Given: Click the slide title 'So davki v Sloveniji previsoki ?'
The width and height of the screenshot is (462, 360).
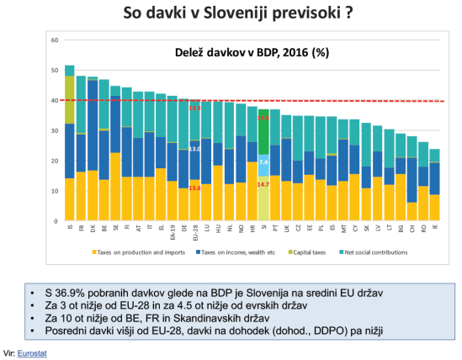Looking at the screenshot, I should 226,14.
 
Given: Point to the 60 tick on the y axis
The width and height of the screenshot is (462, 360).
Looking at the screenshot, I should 55,40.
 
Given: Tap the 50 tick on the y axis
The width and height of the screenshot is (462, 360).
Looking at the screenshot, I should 55,71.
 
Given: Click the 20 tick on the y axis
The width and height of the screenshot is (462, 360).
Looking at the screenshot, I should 55,161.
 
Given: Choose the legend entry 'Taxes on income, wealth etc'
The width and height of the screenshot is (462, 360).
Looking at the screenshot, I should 231,252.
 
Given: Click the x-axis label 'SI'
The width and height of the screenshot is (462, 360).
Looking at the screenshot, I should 264,227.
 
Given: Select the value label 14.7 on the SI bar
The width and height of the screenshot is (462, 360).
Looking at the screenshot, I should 263,184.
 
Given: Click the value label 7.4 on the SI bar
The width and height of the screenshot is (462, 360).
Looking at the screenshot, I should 263,161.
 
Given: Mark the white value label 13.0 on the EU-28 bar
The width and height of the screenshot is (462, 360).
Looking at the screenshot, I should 194,149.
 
